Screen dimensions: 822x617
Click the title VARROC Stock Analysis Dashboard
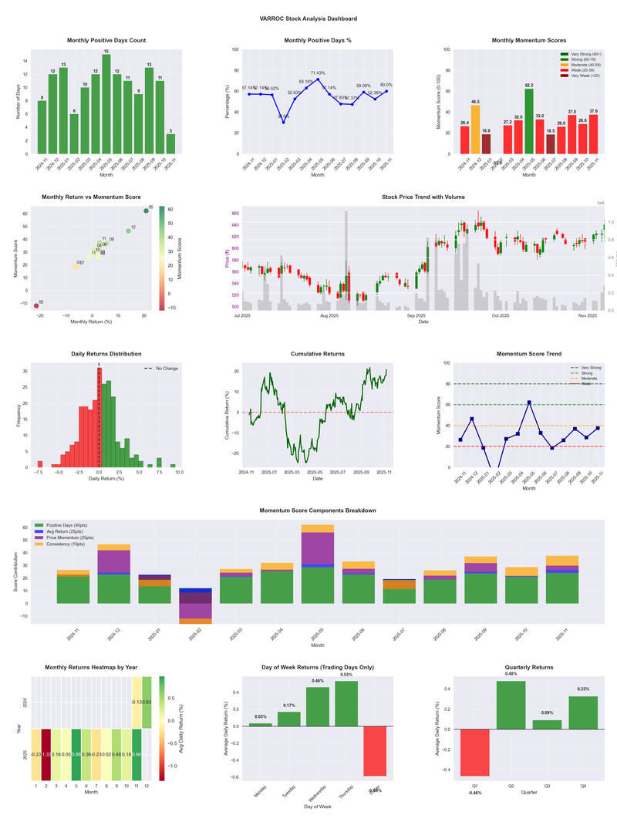(308, 19)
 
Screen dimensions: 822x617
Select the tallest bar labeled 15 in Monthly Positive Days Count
(106, 104)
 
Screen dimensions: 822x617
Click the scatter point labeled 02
(35, 306)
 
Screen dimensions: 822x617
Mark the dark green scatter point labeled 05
(146, 211)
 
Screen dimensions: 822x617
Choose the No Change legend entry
(161, 369)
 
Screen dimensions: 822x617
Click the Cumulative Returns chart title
(318, 354)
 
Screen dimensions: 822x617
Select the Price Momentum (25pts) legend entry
(70, 537)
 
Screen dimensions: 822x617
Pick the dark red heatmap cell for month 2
(46, 754)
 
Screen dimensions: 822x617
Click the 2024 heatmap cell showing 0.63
(146, 702)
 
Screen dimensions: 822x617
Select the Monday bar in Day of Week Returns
(261, 725)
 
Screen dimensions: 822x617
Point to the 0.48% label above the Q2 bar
(511, 674)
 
